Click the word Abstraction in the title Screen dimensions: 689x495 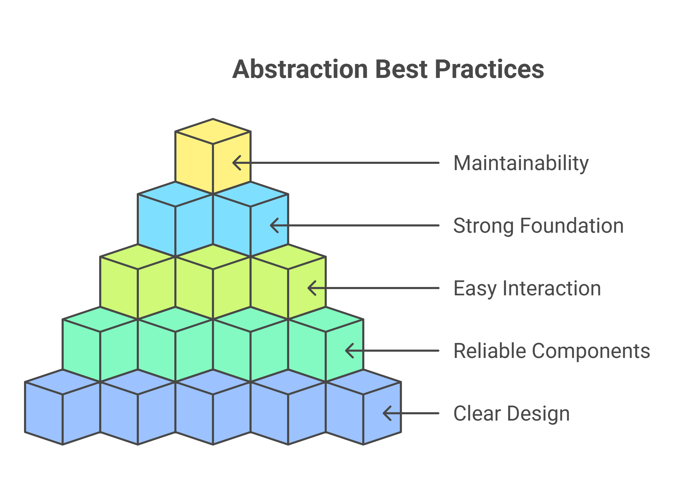click(300, 69)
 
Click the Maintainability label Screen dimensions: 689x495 click(521, 163)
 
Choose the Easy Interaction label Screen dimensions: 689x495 click(527, 288)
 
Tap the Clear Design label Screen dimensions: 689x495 click(512, 414)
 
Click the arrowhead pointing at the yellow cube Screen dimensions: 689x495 click(237, 163)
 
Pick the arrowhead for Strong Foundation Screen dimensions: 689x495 click(274, 225)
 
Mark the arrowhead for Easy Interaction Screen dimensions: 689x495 click(312, 288)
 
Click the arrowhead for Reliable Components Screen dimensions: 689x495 click(349, 351)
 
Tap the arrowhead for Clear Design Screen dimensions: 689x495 click(387, 413)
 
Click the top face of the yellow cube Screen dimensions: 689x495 click(213, 131)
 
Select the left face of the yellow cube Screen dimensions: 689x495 click(194, 162)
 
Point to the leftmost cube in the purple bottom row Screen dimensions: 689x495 click(63, 407)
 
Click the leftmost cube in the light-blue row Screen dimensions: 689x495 click(175, 219)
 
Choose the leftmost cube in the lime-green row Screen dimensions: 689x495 click(138, 282)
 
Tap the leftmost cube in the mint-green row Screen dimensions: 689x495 click(100, 344)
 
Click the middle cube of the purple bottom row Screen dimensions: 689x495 click(213, 407)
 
